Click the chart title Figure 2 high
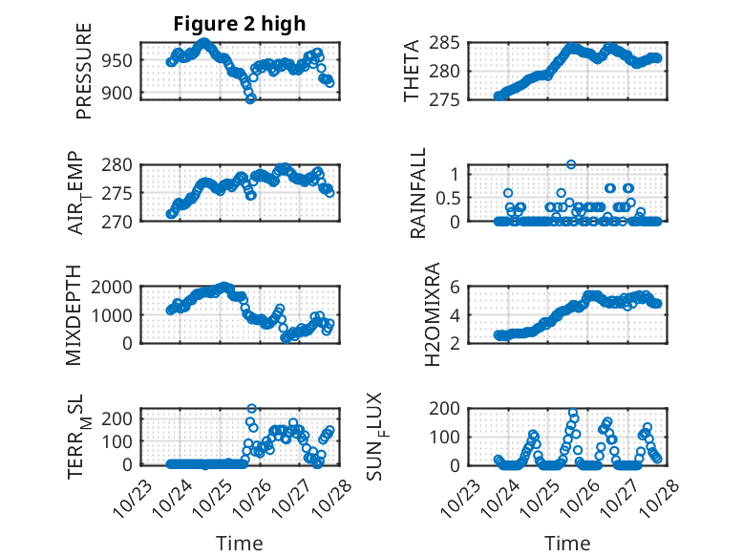pyautogui.click(x=240, y=25)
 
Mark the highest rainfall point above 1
pyautogui.click(x=571, y=164)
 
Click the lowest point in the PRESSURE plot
pyautogui.click(x=251, y=98)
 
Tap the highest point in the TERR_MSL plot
pyautogui.click(x=252, y=409)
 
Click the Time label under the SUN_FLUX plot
pyautogui.click(x=567, y=543)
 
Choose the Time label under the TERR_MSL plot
pyautogui.click(x=241, y=543)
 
